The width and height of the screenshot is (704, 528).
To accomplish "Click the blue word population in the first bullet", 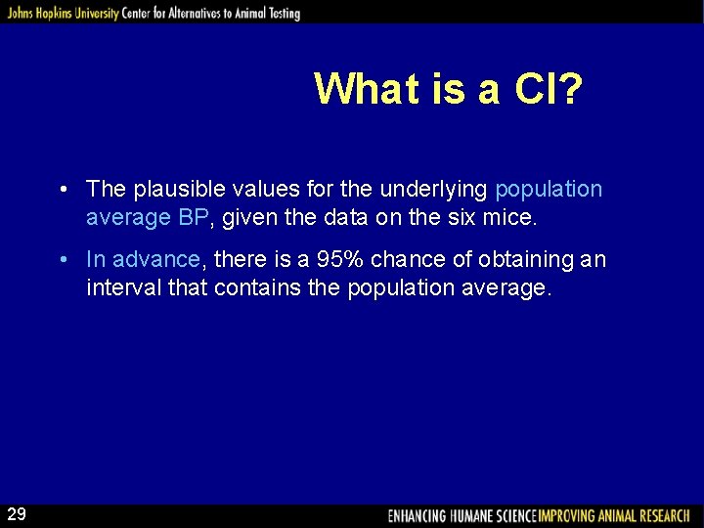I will coord(549,189).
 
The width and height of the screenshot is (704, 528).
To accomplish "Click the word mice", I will coord(511,217).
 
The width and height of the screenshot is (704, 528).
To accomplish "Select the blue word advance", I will coord(156,260).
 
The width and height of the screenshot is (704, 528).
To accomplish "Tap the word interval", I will coord(120,288).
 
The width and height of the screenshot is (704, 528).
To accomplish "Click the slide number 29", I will coord(17,514).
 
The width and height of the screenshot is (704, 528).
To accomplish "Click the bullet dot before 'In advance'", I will coord(62,260).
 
